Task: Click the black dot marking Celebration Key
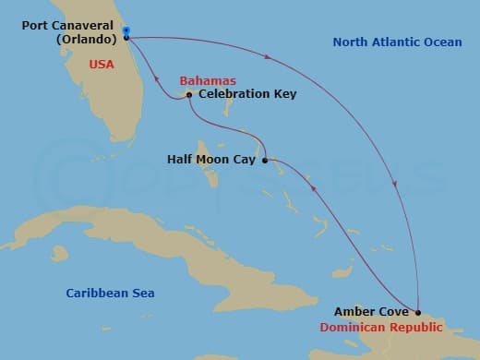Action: coord(188,94)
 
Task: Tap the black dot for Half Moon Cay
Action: coord(265,160)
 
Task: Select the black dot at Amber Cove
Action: coord(417,312)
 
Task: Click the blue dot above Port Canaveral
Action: coord(126,30)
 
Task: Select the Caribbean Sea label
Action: coord(110,293)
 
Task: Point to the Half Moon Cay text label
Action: coord(211,160)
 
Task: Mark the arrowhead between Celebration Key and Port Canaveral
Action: coord(156,80)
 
